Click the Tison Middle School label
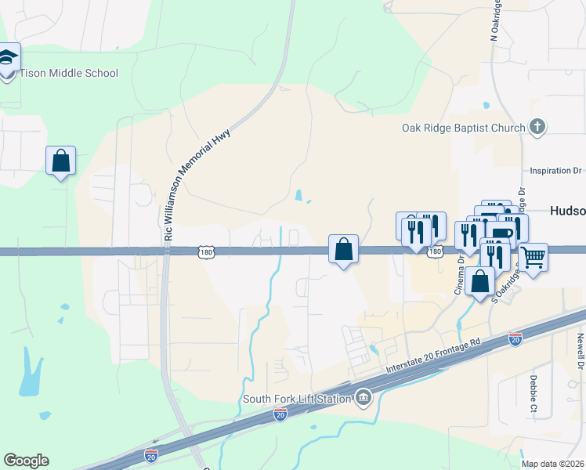(68, 74)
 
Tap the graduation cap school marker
(8, 59)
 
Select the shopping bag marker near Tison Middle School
(60, 161)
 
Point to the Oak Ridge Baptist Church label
(463, 127)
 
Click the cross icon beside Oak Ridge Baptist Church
(537, 127)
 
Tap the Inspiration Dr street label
(556, 170)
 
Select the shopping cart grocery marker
(533, 257)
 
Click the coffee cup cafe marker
(502, 233)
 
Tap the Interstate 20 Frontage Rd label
(432, 356)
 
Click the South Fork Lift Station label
(295, 399)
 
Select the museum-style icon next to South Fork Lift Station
(363, 398)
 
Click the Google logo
(26, 461)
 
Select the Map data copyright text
(553, 464)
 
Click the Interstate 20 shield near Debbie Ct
(515, 338)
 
